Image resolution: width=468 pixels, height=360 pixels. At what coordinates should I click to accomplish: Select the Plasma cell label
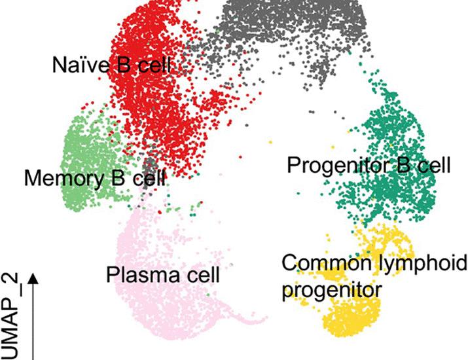pos(163,275)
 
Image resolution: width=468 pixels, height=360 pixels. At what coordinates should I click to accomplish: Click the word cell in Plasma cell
pos(202,275)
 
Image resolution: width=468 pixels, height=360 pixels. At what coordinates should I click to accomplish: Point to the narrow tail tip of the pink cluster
pos(265,319)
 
